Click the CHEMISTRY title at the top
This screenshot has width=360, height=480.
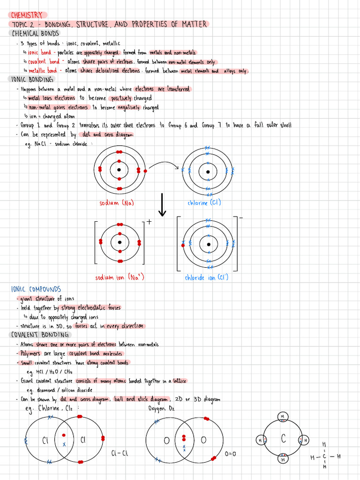27,15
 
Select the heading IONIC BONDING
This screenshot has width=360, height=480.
32,79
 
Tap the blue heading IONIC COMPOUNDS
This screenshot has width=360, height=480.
36,289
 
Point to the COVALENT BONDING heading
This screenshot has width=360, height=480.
40,335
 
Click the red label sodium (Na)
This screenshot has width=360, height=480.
117,203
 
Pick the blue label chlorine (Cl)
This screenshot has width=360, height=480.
204,203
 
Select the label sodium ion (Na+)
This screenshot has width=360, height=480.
120,277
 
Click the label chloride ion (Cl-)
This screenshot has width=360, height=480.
207,277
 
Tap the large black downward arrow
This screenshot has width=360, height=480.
162,205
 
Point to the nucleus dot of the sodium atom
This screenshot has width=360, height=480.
119,170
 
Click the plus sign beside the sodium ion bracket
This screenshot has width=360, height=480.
149,222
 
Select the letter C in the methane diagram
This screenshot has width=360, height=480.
283,439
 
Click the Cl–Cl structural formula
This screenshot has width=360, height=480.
120,453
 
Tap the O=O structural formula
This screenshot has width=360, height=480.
230,454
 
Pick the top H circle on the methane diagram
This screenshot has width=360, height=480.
283,416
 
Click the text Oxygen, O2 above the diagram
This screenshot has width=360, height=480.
161,408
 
